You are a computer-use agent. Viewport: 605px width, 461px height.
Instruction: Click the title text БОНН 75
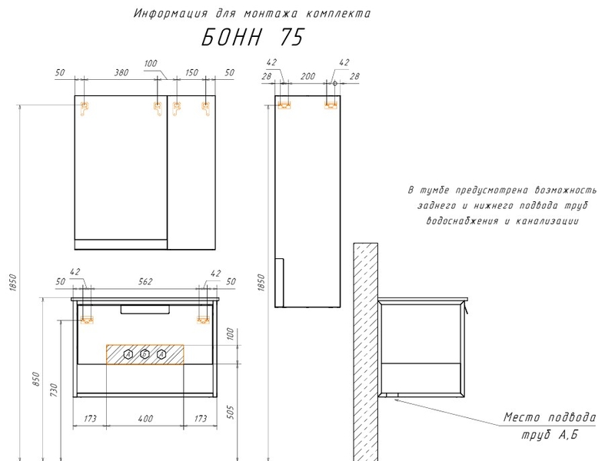[253, 37]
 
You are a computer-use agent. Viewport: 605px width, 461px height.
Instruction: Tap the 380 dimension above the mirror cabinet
[121, 72]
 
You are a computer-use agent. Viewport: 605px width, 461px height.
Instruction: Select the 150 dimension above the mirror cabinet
[191, 72]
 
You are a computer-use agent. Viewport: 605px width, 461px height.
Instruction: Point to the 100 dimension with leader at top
[151, 63]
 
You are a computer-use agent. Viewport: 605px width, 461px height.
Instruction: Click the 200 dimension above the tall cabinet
[307, 76]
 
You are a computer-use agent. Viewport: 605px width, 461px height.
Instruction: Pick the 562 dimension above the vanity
[145, 281]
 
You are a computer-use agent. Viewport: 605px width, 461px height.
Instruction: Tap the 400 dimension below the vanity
[145, 418]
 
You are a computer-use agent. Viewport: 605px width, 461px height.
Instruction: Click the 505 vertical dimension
[230, 412]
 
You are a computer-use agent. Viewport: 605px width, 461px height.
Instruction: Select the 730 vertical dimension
[54, 390]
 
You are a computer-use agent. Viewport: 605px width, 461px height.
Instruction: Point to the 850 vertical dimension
[35, 379]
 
